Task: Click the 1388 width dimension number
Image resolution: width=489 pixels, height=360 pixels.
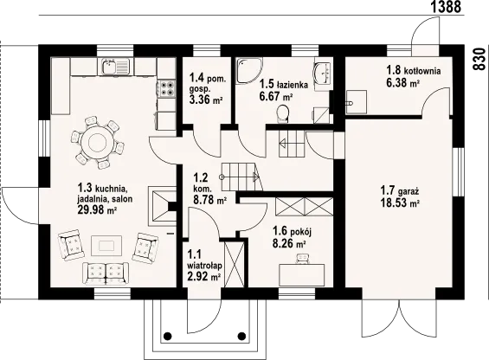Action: pos(447,7)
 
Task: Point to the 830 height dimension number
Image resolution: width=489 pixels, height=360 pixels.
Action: pos(479,59)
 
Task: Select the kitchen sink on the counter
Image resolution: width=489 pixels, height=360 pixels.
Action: pos(115,67)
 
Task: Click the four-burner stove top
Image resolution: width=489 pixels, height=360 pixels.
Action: pos(168,88)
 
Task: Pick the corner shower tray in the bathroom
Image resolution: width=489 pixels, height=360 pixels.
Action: pos(248,70)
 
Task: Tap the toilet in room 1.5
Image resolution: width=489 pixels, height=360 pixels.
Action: pos(283,114)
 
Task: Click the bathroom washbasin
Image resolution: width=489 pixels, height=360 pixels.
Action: pos(322,73)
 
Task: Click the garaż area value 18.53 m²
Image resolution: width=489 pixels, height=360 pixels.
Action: pos(400,202)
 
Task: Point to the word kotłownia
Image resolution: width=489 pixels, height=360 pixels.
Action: pos(422,71)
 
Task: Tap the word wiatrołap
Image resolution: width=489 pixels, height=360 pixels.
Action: pos(204,266)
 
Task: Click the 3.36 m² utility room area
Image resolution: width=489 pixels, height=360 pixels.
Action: pos(206,100)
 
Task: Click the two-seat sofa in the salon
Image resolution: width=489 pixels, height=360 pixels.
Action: pos(106,273)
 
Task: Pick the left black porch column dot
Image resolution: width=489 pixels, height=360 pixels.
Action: pos(167,336)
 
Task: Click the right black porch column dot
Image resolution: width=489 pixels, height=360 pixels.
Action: pos(241,336)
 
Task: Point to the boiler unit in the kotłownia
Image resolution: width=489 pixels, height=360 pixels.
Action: pos(357,102)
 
